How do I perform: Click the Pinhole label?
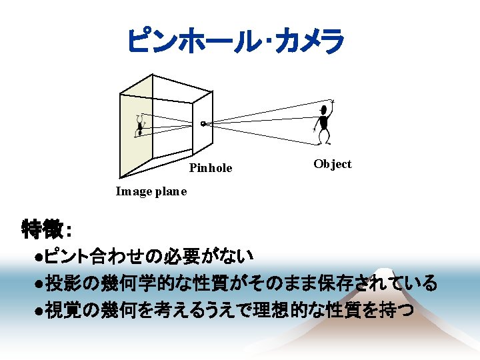(211, 168)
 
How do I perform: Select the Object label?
(332, 164)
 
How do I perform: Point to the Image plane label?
(151, 192)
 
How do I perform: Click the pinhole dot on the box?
(203, 123)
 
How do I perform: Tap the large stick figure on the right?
(323, 123)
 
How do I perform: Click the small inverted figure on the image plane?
(140, 127)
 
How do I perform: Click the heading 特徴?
(44, 229)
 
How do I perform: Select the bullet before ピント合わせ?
(40, 256)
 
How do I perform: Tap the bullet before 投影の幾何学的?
(40, 284)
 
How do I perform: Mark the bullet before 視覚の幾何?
(40, 311)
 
